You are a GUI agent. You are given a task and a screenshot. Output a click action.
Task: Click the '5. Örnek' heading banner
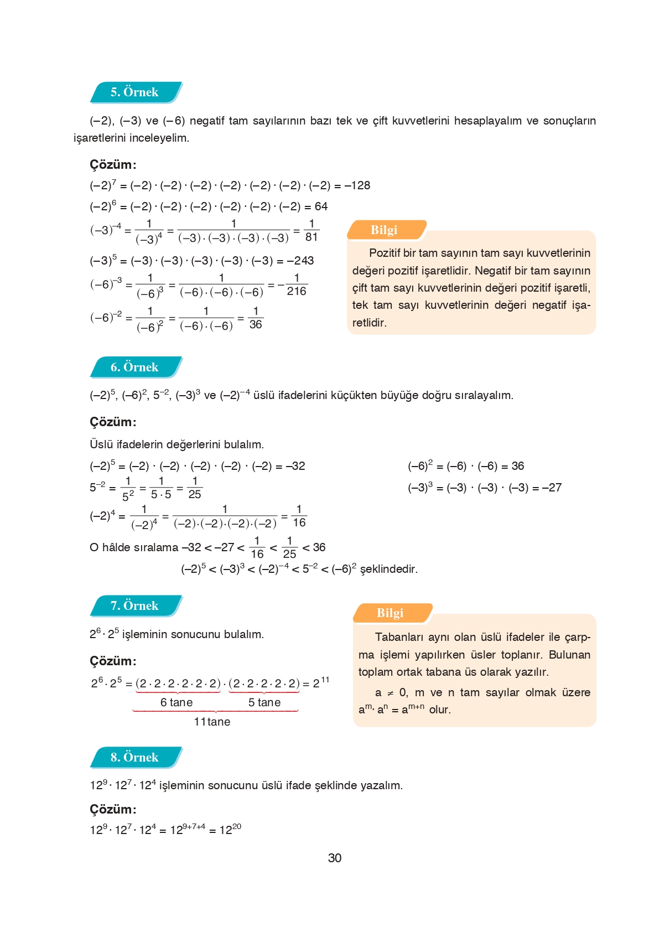[134, 92]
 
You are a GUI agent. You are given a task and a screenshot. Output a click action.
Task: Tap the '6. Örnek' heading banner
[134, 367]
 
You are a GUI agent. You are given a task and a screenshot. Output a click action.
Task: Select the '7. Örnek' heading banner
[134, 606]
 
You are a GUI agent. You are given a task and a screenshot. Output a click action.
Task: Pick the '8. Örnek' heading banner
[134, 758]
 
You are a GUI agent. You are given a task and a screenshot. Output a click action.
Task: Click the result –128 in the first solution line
[357, 185]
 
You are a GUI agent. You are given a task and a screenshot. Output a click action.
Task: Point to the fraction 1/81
[311, 230]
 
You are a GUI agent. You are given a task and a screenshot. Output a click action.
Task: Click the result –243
[300, 261]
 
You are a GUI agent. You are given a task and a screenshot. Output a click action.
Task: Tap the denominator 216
[297, 292]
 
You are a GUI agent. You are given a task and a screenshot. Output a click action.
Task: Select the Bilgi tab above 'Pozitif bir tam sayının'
[385, 230]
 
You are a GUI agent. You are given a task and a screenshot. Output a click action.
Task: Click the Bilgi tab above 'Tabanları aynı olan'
[391, 613]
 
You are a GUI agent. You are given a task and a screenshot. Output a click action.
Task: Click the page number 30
[335, 858]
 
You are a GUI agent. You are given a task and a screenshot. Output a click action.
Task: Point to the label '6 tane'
[176, 703]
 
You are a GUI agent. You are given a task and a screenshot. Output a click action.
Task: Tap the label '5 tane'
[264, 703]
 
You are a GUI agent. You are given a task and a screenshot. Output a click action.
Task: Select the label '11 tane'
[212, 722]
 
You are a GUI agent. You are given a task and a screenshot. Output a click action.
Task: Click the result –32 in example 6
[295, 467]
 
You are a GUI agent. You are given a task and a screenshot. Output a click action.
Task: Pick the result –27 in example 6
[552, 488]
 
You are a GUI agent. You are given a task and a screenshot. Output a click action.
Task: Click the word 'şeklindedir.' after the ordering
[389, 569]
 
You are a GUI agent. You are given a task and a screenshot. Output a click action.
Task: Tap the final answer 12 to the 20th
[230, 830]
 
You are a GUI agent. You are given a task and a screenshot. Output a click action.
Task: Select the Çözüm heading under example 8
[113, 810]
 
